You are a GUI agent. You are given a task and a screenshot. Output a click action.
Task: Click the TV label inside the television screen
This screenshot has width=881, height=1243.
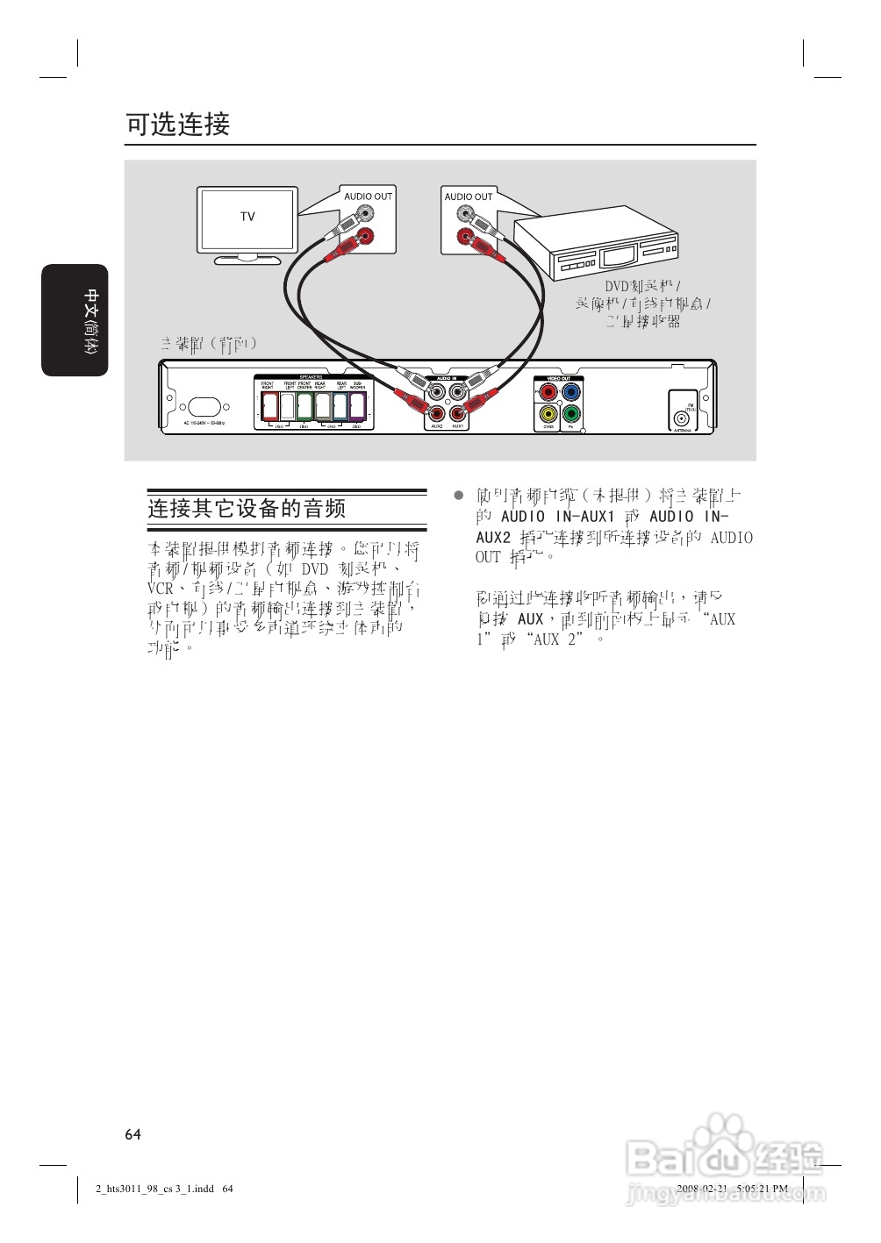tap(247, 217)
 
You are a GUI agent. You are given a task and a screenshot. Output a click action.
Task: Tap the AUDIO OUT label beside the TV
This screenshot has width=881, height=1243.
tap(368, 196)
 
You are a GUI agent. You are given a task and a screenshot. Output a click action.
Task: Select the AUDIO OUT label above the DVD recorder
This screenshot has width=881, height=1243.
tap(469, 196)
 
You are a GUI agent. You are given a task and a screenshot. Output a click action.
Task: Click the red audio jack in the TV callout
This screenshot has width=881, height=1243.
tap(365, 235)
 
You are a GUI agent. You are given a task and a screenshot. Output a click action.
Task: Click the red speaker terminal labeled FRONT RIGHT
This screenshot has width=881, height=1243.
tap(269, 405)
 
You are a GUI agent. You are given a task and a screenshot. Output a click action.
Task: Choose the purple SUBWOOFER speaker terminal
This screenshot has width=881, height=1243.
tap(358, 405)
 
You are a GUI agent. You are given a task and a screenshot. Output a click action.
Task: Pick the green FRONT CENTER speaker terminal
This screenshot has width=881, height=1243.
tap(304, 405)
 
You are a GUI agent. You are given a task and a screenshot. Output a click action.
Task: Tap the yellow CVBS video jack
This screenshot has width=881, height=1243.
tap(548, 413)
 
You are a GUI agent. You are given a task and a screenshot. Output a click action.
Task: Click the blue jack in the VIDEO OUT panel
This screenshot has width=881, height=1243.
tap(571, 391)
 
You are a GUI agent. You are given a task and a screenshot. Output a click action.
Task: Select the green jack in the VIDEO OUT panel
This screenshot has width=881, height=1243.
tap(571, 413)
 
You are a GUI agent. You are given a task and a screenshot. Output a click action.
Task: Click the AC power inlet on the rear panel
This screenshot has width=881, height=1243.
tap(204, 407)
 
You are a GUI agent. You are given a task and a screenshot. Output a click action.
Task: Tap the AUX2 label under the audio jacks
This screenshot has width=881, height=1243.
tap(436, 426)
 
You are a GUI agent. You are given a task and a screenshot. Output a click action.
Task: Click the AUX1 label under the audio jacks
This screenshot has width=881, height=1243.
tap(457, 426)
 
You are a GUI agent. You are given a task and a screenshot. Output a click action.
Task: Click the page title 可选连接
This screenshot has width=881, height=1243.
tap(178, 125)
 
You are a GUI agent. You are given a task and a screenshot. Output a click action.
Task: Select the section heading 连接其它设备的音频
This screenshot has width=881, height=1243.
tap(247, 509)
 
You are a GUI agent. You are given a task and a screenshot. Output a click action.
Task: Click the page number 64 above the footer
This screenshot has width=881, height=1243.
tap(133, 1134)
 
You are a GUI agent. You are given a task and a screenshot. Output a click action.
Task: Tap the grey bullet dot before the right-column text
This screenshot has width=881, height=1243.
tap(458, 495)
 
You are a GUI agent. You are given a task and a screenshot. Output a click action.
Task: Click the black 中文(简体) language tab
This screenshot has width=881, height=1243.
tap(75, 320)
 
